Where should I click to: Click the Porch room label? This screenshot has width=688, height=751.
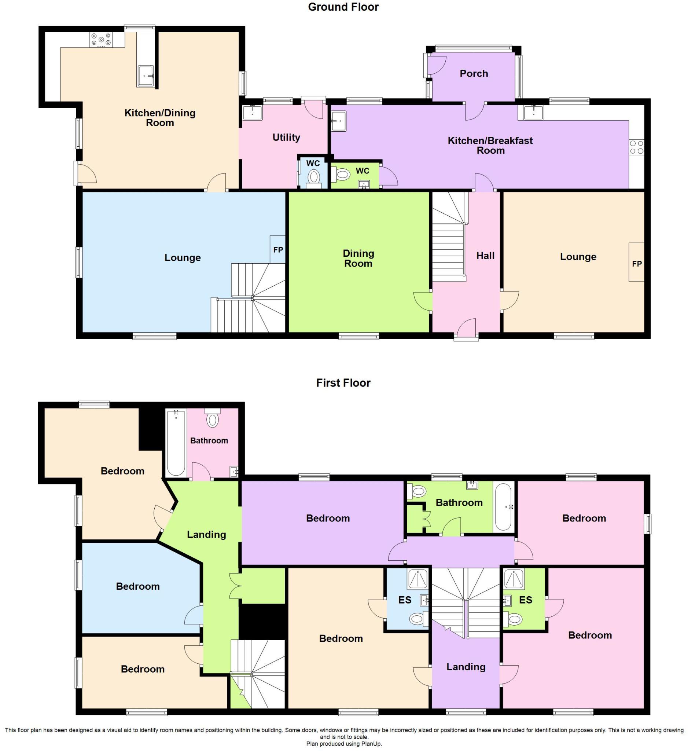click(x=474, y=74)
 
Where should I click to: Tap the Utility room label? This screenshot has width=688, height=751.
click(x=286, y=138)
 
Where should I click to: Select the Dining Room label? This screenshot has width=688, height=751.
click(x=358, y=258)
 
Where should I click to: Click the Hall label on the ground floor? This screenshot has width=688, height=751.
click(x=485, y=256)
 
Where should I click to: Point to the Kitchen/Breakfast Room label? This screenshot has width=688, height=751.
click(x=490, y=145)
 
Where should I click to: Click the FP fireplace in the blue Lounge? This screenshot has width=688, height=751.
click(x=278, y=250)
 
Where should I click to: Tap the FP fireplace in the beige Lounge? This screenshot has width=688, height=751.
click(x=637, y=263)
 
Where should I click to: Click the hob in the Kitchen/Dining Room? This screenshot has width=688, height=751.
click(x=101, y=40)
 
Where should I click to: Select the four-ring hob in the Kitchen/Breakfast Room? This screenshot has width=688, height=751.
click(x=636, y=147)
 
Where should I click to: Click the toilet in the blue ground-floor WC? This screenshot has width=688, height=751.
click(x=314, y=177)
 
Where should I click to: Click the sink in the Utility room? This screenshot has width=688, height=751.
click(x=253, y=113)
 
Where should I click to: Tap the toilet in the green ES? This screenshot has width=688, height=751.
click(x=514, y=620)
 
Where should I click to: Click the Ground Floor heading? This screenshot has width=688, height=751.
click(x=343, y=7)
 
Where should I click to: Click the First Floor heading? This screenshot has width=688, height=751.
click(x=343, y=383)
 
